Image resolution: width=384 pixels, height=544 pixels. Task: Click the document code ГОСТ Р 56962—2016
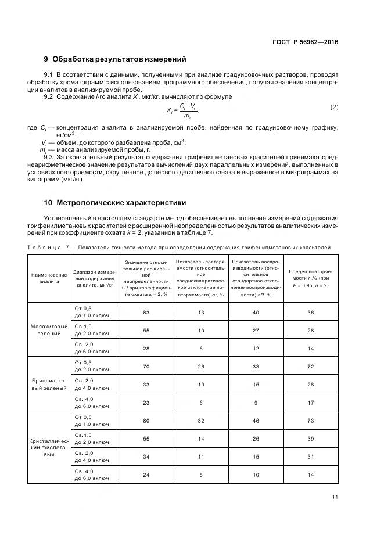(x=305, y=42)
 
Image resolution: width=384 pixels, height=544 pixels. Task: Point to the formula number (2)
(x=334, y=108)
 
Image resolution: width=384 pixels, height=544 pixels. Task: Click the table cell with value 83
(x=146, y=313)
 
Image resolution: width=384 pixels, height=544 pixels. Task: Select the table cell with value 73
(x=310, y=420)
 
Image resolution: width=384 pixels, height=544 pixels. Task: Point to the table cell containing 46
(x=256, y=420)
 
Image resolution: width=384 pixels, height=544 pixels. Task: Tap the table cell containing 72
(x=310, y=366)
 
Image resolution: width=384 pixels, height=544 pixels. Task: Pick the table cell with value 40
(x=256, y=313)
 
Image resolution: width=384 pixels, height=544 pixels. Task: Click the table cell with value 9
(x=256, y=402)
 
